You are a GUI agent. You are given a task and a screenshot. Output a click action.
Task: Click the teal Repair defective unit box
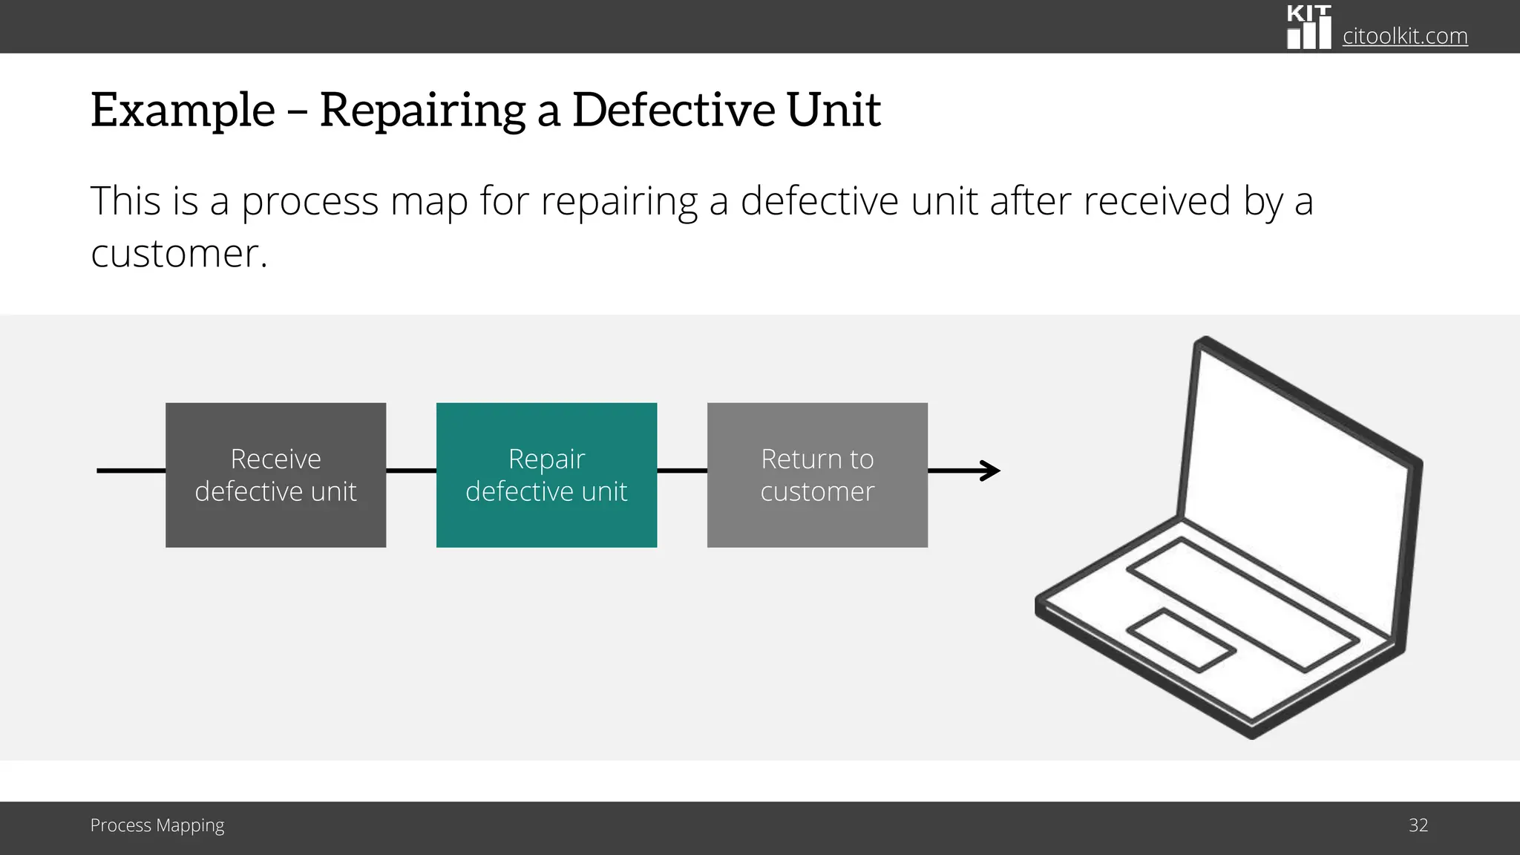coord(546,475)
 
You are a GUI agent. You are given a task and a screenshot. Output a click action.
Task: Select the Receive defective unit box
coord(275,475)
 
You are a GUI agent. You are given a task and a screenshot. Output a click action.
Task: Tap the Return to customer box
coord(817,475)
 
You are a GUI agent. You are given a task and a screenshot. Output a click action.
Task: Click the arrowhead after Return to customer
coord(992,471)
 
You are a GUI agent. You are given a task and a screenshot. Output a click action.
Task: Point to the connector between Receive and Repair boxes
coord(411,471)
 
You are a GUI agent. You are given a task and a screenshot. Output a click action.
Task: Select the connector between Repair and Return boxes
coord(682,471)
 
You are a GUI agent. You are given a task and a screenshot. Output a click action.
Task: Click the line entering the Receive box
coord(131,471)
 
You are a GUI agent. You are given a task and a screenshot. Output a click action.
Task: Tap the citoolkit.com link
coord(1404,36)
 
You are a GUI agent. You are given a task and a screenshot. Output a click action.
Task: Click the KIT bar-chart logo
coord(1308,28)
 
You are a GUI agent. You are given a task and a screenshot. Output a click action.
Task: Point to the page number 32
coord(1418,825)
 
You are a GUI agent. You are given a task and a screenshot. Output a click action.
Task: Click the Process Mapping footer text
coord(157,825)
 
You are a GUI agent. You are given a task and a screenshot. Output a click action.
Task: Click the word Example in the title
coord(183,110)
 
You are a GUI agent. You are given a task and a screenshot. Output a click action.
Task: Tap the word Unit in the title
coord(833,110)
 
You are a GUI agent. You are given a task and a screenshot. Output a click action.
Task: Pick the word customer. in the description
coord(179,254)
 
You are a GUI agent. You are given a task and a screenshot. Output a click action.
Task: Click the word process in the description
coord(309,202)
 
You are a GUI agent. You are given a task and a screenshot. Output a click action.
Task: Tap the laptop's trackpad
coord(1180,641)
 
